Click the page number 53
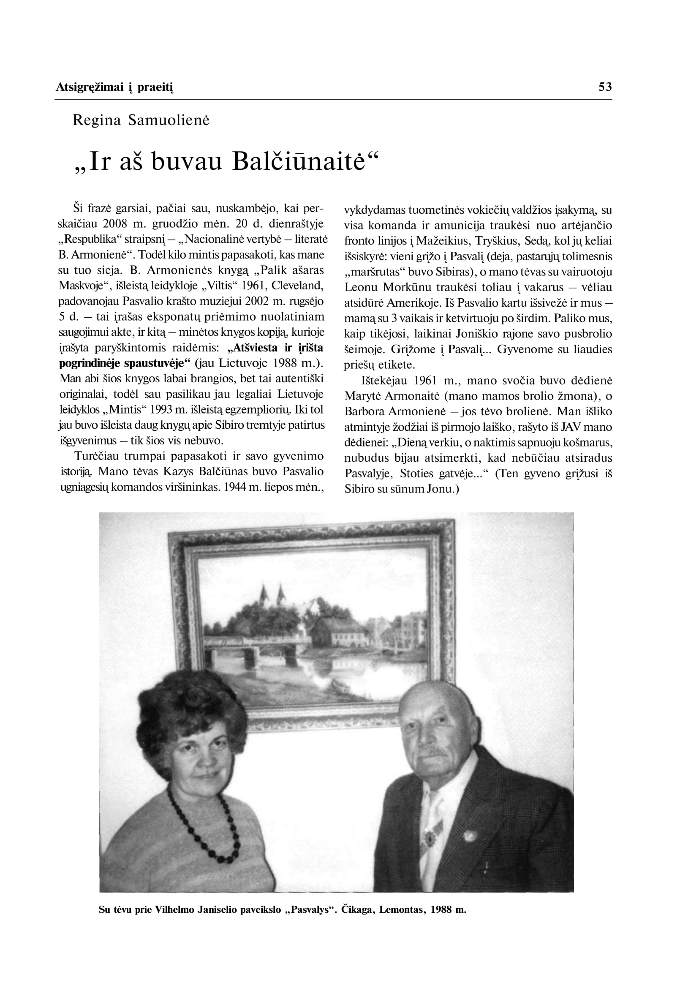605,87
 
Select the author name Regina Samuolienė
141,120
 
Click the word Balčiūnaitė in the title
299,162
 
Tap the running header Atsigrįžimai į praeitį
114,87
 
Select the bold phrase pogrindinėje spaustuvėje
125,363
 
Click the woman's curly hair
189,706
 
